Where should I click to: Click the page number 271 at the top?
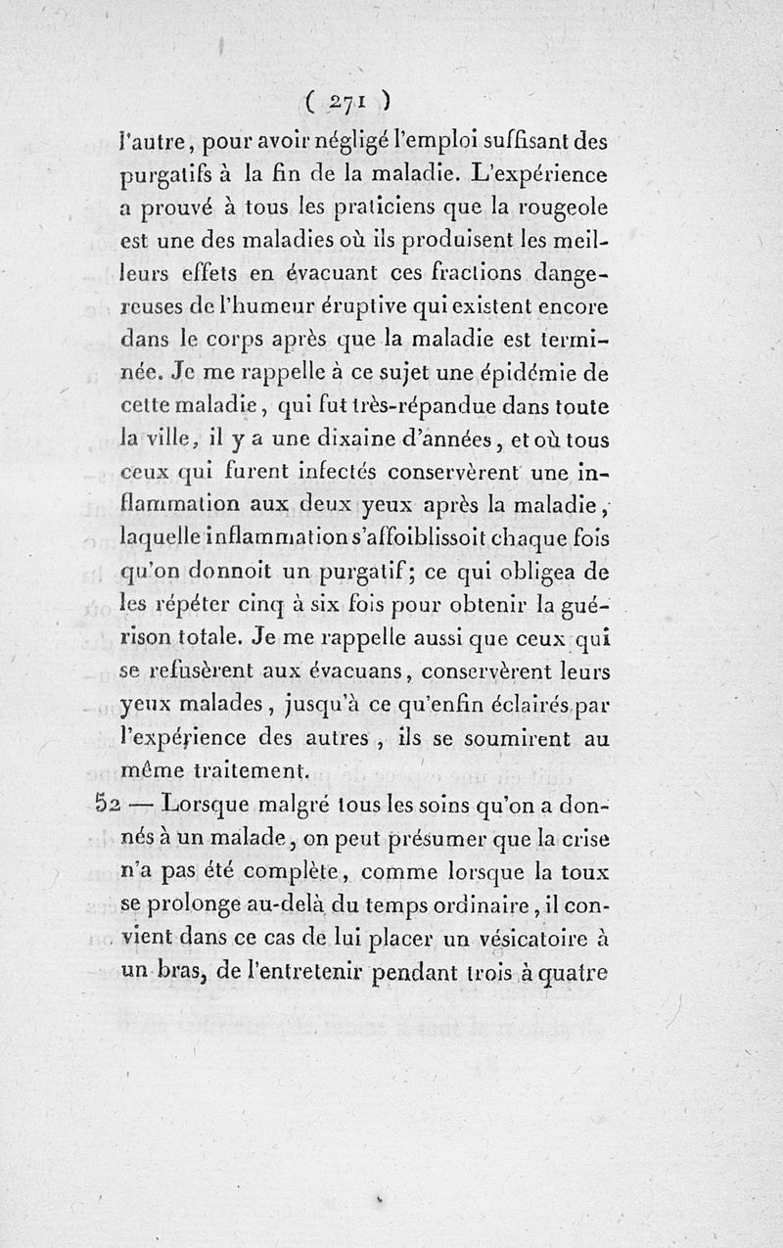pyautogui.click(x=349, y=100)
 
